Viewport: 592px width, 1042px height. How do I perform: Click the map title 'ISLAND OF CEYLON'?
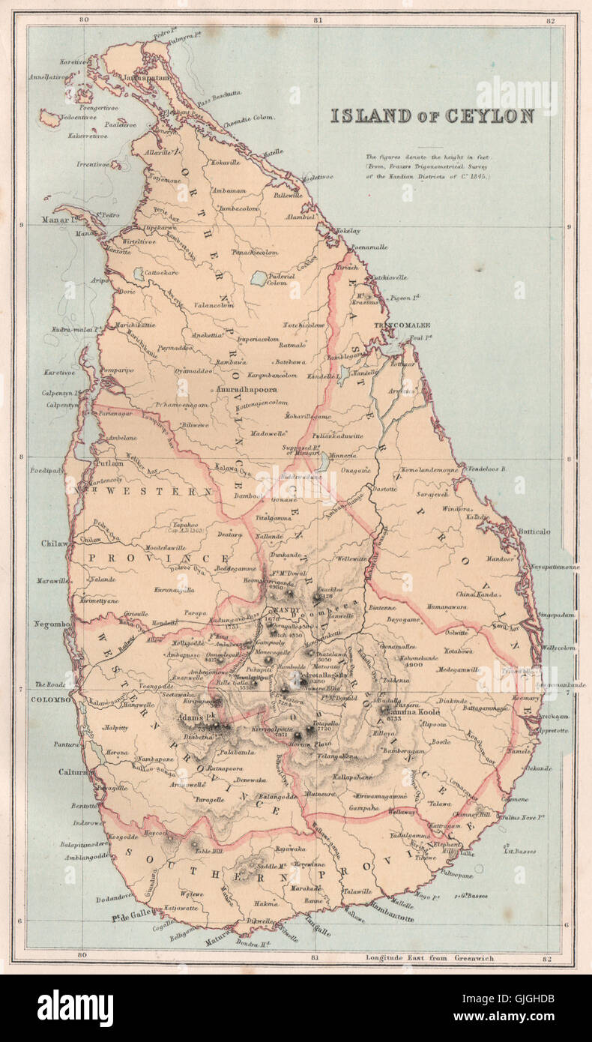432,116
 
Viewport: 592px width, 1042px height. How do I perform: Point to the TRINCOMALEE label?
405,325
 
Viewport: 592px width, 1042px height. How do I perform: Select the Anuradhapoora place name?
247,391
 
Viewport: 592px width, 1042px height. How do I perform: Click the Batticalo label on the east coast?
534,531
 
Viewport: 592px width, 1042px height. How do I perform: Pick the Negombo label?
52,624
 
